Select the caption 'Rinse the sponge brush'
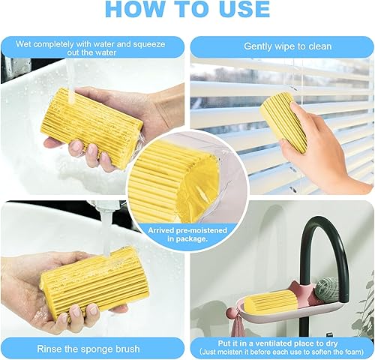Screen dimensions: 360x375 pyautogui.click(x=92, y=348)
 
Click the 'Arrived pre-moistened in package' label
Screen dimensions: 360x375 pyautogui.click(x=187, y=235)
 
